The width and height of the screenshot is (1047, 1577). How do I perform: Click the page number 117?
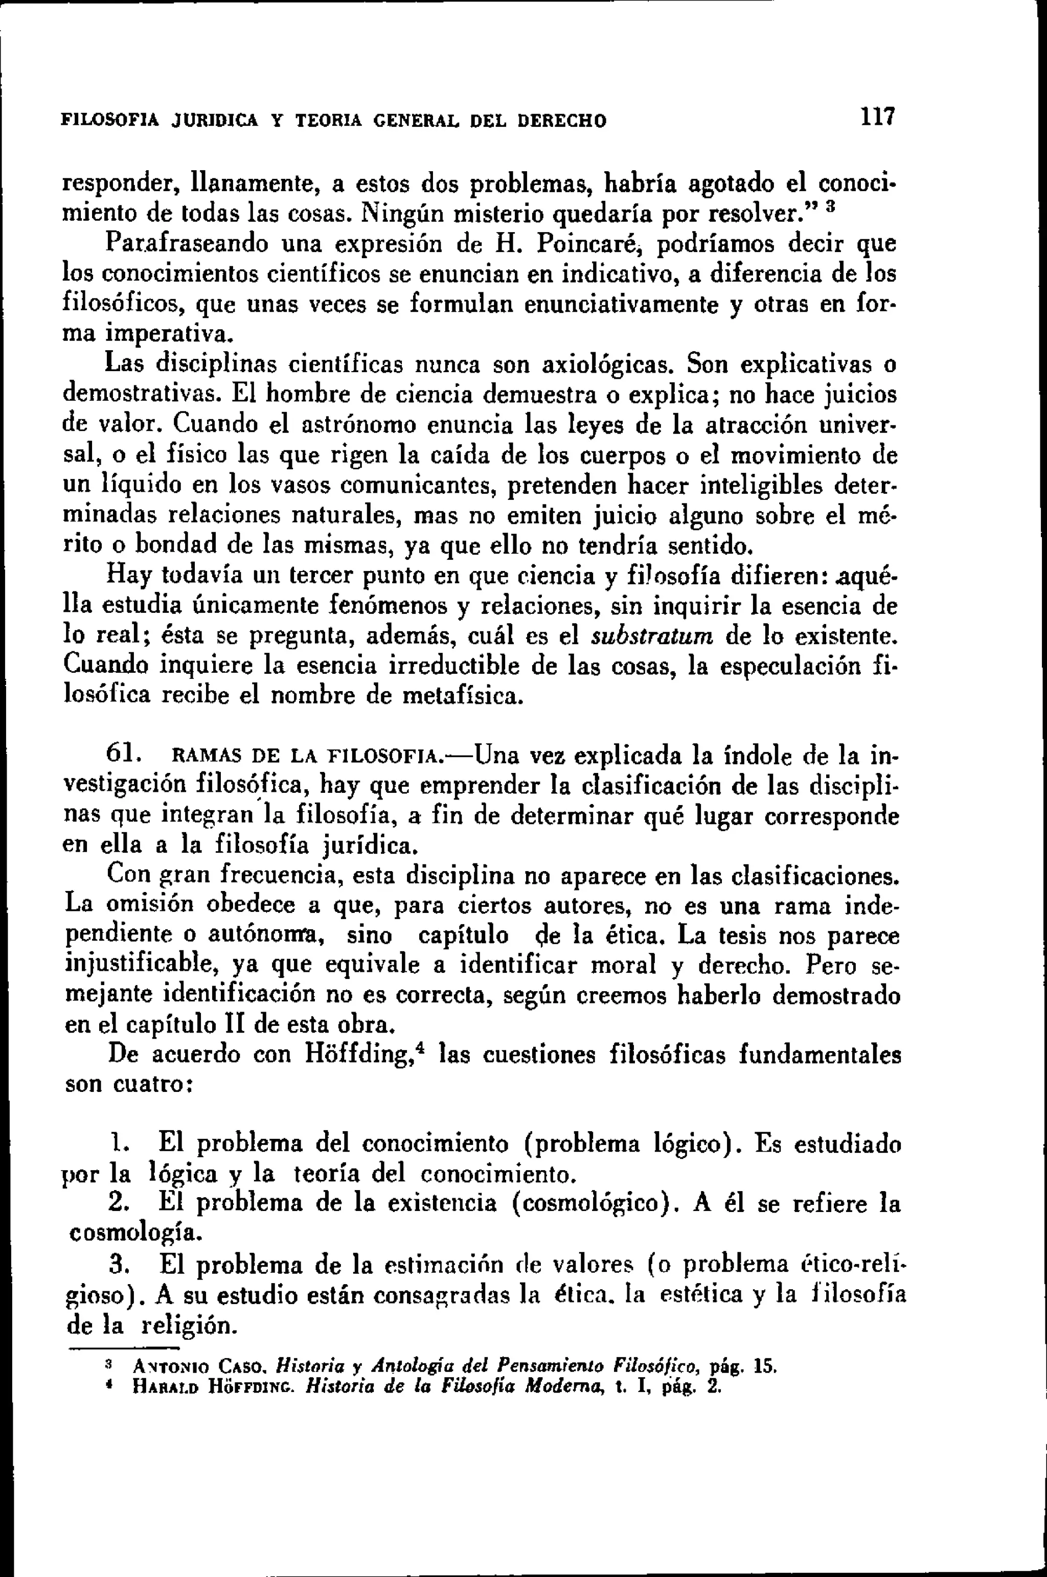pos(877,118)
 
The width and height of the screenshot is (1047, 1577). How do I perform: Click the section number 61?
pos(122,756)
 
